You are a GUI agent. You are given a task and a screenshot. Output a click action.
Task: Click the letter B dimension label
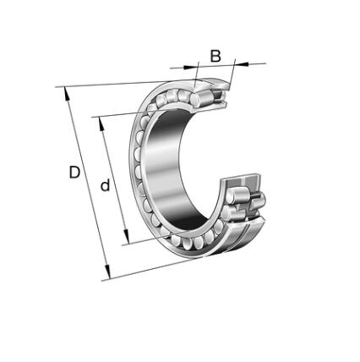(215, 56)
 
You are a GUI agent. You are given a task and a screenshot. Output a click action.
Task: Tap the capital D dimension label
(74, 173)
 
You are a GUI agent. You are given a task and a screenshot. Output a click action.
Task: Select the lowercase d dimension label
(106, 184)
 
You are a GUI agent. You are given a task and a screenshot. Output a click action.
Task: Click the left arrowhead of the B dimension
(188, 67)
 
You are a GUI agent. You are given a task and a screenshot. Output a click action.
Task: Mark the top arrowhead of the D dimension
(67, 94)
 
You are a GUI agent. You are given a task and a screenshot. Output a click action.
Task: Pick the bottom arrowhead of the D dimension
(107, 271)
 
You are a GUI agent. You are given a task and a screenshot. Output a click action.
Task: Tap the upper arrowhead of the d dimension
(101, 124)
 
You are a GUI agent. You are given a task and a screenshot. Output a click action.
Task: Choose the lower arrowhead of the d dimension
(126, 236)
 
